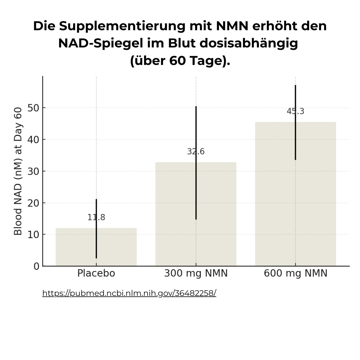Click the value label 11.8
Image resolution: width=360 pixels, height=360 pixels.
[96, 217]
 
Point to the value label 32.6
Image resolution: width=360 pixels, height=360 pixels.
[196, 152]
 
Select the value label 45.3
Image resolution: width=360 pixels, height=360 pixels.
[295, 112]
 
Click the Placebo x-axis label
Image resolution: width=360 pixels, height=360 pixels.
[96, 273]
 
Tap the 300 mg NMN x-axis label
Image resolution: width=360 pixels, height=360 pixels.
[196, 273]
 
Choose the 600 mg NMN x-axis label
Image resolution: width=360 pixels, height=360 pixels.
[295, 273]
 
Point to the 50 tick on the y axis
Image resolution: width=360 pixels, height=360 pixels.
[33, 108]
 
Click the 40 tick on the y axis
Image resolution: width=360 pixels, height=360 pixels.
[33, 139]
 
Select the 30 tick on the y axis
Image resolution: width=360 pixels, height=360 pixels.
[33, 171]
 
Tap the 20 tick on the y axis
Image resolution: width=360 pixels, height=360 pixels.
[33, 203]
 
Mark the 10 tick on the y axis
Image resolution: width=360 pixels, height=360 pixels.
[33, 235]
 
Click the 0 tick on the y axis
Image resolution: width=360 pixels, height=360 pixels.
[36, 266]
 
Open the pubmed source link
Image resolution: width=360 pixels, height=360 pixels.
[129, 293]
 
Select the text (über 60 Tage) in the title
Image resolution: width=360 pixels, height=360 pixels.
[180, 60]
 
